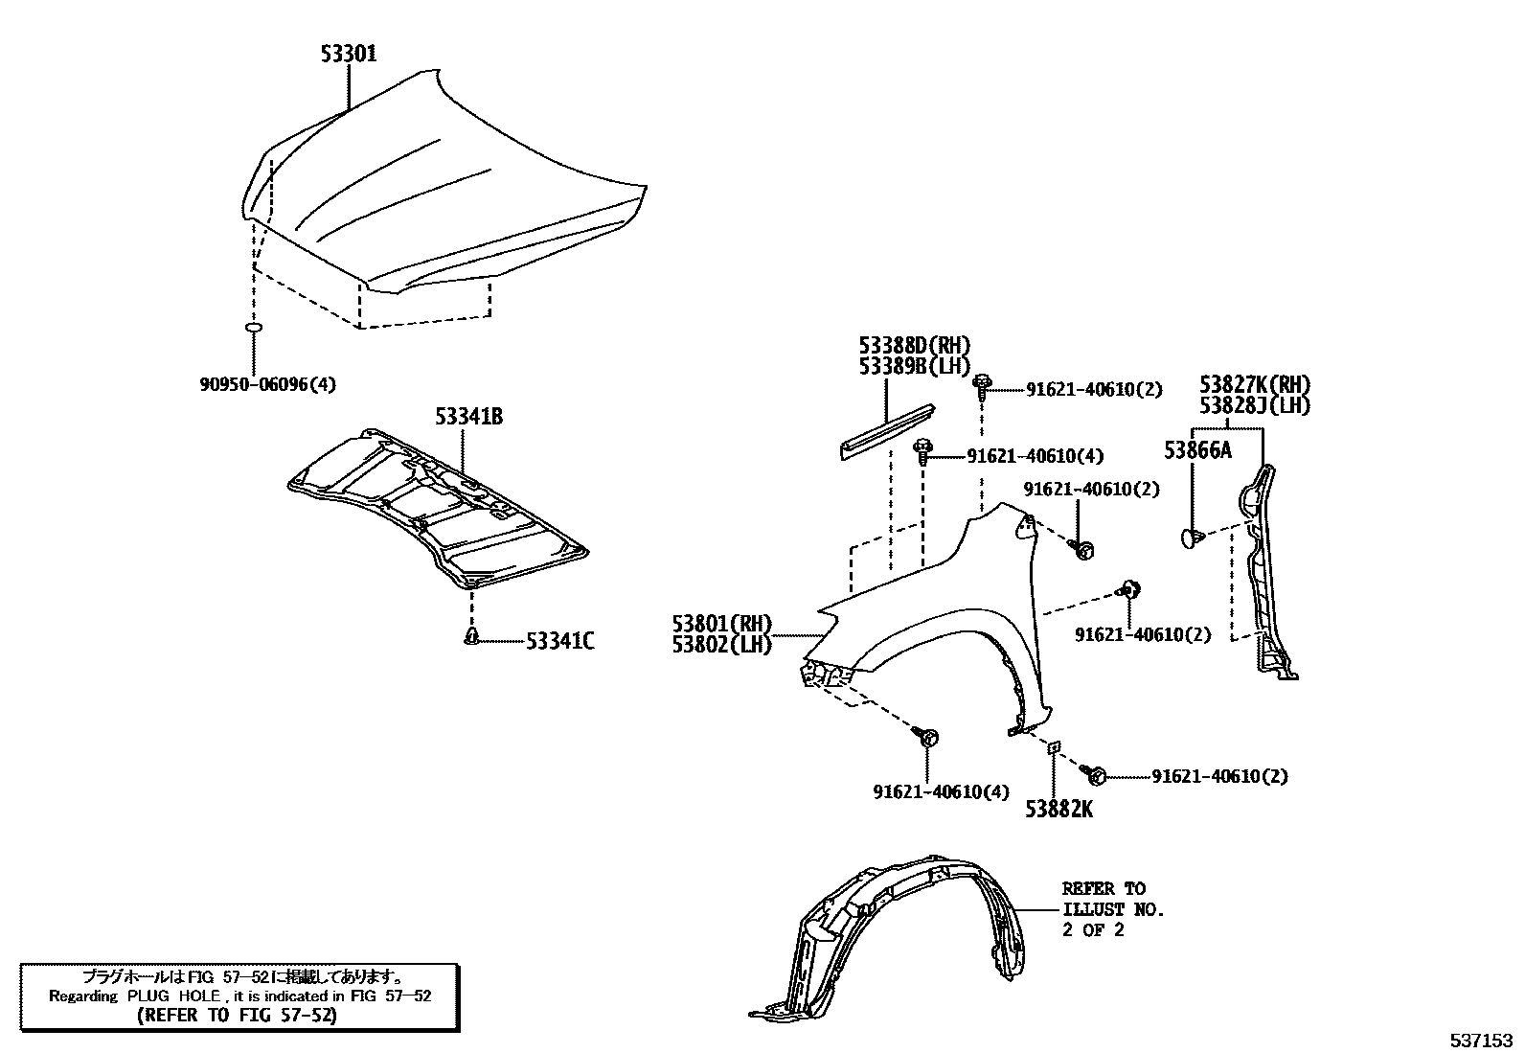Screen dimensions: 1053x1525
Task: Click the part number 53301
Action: (x=349, y=54)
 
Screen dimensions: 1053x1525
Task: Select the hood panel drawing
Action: (x=441, y=192)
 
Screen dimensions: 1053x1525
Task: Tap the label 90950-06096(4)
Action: (x=268, y=384)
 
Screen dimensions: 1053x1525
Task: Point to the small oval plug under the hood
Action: (x=255, y=329)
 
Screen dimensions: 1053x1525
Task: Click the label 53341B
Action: (x=468, y=417)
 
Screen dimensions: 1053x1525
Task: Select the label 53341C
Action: (x=559, y=641)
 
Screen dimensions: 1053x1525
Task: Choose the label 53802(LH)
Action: (x=722, y=645)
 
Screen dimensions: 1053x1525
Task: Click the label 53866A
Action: (x=1197, y=449)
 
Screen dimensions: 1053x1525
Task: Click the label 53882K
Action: (x=1058, y=810)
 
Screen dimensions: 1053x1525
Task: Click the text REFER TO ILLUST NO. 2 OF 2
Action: (x=1111, y=908)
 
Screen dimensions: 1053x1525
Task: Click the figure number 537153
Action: (x=1480, y=1039)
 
